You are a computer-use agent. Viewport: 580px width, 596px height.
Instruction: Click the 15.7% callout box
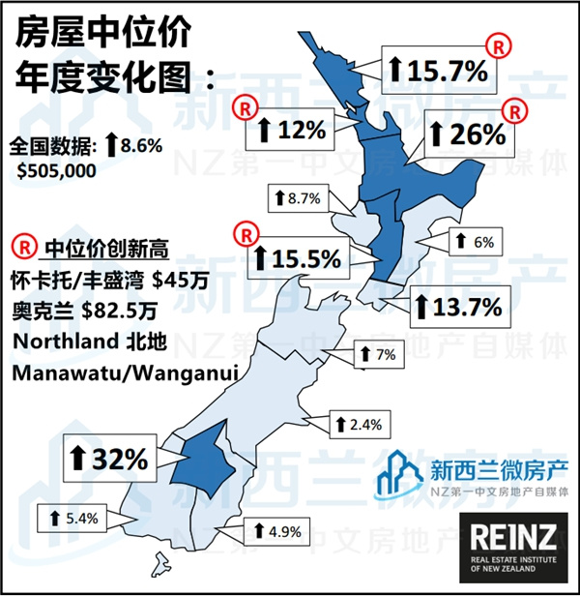click(x=439, y=70)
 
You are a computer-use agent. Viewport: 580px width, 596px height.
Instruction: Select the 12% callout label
click(x=291, y=129)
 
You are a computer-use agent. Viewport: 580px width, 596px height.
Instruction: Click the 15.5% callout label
click(x=296, y=258)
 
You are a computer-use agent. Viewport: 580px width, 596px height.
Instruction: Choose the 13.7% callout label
click(x=457, y=308)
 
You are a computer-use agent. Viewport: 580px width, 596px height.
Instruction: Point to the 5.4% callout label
click(x=72, y=518)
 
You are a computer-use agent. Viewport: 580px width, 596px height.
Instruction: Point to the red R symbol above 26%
click(x=519, y=111)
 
